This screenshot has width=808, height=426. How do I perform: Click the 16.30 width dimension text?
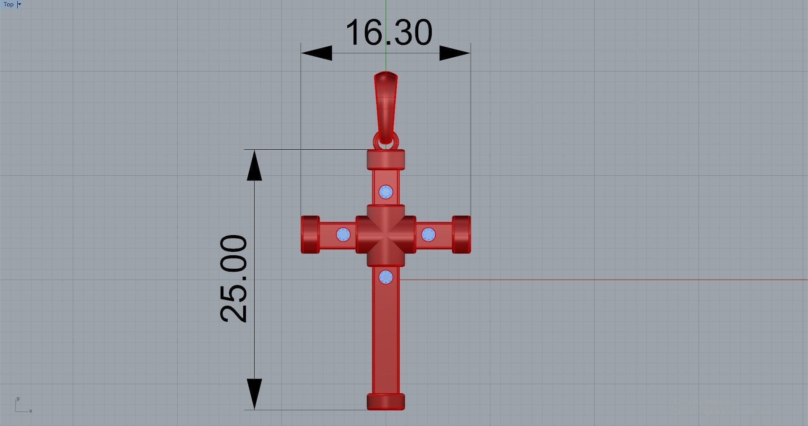(388, 32)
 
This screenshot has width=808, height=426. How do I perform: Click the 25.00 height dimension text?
(234, 279)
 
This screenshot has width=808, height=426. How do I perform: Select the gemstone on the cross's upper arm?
(386, 192)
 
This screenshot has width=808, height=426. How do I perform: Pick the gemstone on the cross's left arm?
(343, 235)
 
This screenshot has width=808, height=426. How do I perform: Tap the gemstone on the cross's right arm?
(428, 235)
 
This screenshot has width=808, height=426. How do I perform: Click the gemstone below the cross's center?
(386, 277)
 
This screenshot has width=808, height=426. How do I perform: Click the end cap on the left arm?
(310, 235)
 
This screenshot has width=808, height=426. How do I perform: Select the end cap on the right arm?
(462, 235)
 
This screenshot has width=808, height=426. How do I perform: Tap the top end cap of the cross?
(386, 159)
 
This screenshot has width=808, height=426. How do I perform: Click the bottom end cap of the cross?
(386, 402)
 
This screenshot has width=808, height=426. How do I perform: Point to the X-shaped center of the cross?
(386, 235)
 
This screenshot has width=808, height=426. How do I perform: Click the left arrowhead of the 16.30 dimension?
(316, 53)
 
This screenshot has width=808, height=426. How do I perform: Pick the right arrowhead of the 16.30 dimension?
(455, 53)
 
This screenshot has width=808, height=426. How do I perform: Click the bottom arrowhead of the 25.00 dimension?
(254, 394)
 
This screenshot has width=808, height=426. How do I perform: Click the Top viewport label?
(8, 4)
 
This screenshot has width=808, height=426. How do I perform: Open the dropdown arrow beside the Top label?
(19, 4)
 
